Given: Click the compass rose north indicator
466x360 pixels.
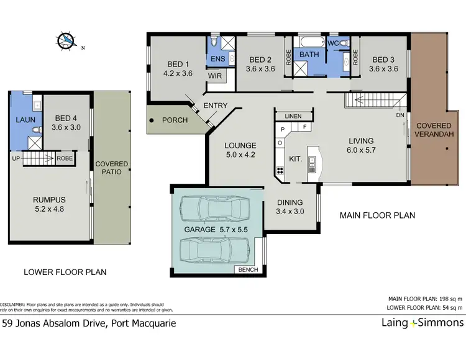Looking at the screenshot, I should point(66,41).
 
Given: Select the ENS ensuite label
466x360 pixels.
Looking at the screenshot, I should point(217,59).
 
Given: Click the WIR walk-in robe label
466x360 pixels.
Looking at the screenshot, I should point(215,76).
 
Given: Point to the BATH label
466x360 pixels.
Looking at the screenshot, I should point(309,55).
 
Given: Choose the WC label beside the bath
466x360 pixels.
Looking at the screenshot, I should point(332,43).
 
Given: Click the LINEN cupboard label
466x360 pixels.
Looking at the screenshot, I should point(293,116).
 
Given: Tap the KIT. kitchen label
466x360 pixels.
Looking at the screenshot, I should point(296,159).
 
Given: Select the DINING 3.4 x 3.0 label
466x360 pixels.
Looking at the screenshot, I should point(290,207).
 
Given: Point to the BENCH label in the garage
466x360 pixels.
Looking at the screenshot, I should point(249,269).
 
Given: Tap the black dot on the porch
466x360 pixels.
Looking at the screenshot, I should point(151,120).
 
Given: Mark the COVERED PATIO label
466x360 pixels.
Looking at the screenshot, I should point(112,168).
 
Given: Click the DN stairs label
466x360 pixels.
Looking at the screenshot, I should point(401,115).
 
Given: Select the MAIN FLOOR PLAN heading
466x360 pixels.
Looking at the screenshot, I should point(377,215).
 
